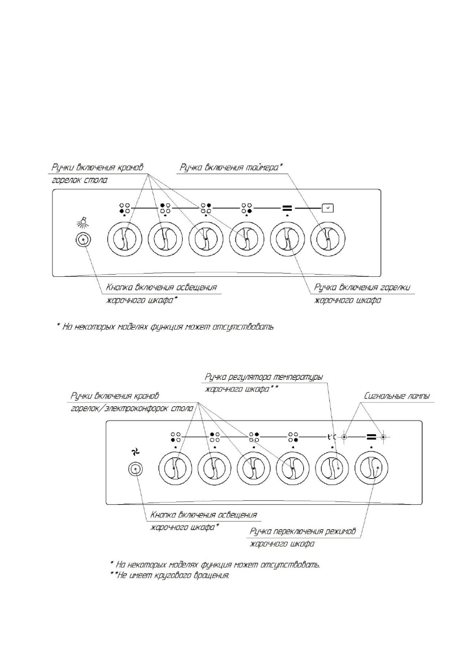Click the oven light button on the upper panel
tap(83, 239)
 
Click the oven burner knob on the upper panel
tap(287, 239)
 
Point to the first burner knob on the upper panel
tap(124, 239)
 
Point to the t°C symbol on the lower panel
tap(333, 438)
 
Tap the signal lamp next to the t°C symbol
tap(344, 438)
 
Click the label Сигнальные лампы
tap(396, 396)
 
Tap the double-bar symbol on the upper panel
tap(287, 209)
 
